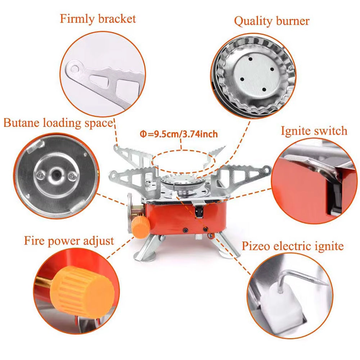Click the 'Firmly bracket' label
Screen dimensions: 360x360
pyautogui.click(x=98, y=19)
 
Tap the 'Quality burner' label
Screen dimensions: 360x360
pyautogui.click(x=271, y=21)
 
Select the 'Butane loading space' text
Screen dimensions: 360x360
pyautogui.click(x=59, y=123)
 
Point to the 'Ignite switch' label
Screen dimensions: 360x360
pyautogui.click(x=314, y=131)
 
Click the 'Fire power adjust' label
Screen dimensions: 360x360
pyautogui.click(x=69, y=241)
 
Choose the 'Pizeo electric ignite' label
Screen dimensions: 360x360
pyautogui.click(x=293, y=246)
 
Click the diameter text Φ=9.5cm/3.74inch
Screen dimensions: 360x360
pyautogui.click(x=179, y=134)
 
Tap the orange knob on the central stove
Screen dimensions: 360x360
pyautogui.click(x=140, y=227)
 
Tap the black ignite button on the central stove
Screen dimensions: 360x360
pyautogui.click(x=199, y=211)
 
